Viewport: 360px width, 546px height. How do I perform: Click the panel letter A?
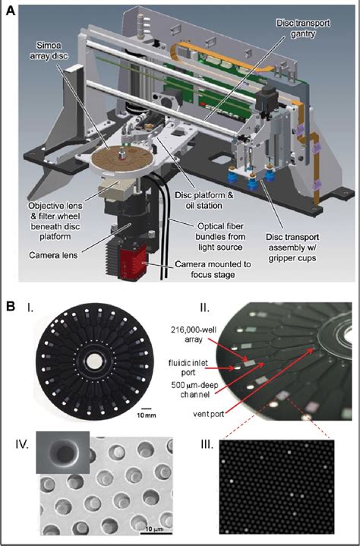click(11, 10)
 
